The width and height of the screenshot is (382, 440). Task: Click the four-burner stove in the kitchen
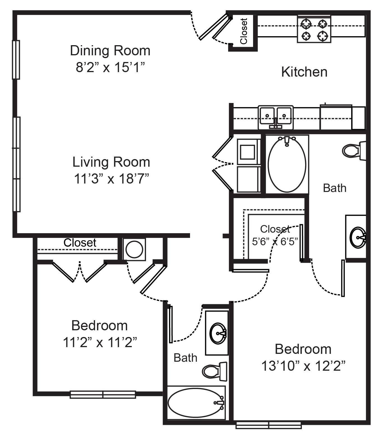click(314, 29)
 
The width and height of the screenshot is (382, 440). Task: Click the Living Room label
click(111, 162)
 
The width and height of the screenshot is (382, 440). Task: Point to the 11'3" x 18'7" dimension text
click(111, 179)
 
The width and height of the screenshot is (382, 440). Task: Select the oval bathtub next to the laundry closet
click(287, 165)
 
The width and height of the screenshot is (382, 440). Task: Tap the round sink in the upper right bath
click(358, 237)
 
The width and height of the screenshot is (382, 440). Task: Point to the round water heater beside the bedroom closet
click(134, 249)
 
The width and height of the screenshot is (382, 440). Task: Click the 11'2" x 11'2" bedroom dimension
click(99, 343)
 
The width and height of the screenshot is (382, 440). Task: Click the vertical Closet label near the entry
click(244, 31)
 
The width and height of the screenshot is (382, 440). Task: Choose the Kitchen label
click(304, 72)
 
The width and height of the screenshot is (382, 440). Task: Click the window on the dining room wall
click(16, 59)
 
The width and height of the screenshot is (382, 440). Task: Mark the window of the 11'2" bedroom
click(103, 395)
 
